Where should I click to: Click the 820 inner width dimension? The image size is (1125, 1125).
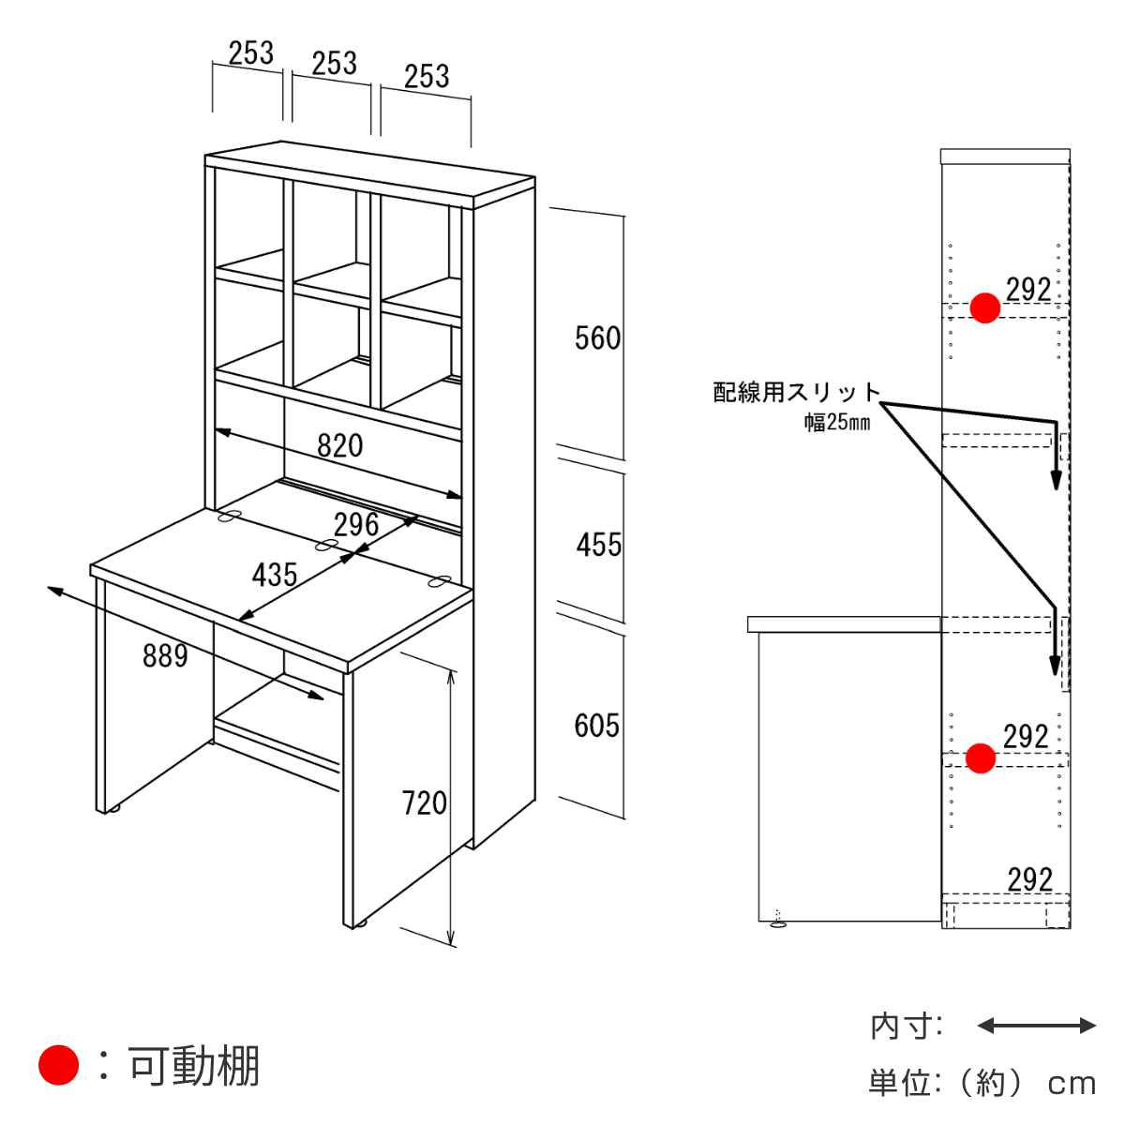pos(339,446)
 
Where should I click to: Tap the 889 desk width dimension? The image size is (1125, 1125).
pos(165,655)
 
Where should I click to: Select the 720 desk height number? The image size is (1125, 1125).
pos(424,802)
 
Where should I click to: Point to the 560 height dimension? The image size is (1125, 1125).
pos(597,338)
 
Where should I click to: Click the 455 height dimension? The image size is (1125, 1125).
pos(599,545)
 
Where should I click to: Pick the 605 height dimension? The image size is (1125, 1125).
pos(596,726)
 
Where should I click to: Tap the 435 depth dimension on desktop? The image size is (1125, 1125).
pos(275,575)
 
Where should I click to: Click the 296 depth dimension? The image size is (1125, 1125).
pos(356,525)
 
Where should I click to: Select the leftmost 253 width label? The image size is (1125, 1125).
pos(250,53)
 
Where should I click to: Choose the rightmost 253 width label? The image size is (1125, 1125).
pos(427,77)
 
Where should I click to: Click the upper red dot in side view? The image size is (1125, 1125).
pos(985,307)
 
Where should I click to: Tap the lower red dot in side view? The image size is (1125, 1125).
pos(981,758)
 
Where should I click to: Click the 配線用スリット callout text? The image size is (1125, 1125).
pos(797,392)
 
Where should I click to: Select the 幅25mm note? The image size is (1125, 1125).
pos(837,422)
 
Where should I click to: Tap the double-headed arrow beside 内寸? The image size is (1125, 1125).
pos(1036,1042)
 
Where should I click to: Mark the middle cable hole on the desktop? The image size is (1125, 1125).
pos(327,545)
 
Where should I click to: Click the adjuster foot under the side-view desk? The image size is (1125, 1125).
pos(777,923)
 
